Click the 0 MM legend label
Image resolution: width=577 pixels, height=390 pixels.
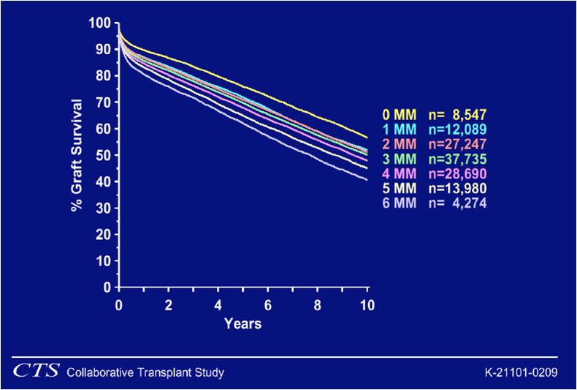tap(399, 115)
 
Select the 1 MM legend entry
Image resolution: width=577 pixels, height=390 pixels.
tap(399, 130)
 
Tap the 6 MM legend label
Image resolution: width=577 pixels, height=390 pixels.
tap(399, 203)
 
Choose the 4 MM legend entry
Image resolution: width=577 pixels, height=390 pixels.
tap(399, 173)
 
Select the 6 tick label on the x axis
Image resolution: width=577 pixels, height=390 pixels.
tap(268, 304)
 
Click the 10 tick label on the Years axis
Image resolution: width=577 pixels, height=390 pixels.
tap(367, 304)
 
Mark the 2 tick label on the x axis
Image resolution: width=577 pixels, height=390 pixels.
tap(169, 304)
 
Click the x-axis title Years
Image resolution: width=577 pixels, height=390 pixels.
tap(242, 323)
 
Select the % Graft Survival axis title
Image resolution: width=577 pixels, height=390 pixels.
tap(77, 155)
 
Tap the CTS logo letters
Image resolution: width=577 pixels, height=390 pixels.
tap(36, 372)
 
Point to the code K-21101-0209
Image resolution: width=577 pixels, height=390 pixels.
tap(521, 372)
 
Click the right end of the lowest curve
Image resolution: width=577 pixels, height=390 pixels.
tap(367, 179)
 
